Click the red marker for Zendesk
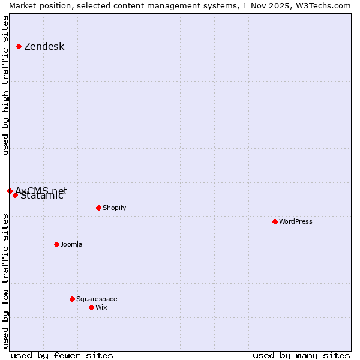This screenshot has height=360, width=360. point(19,46)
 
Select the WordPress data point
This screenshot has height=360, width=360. point(275,221)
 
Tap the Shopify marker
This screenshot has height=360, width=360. point(98,208)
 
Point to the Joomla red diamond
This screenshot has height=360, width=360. point(56,244)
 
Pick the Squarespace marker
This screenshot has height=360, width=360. point(72,299)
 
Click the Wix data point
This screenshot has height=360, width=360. point(91,307)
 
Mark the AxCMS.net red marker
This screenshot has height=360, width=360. point(10,191)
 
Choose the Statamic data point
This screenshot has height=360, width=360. point(15,195)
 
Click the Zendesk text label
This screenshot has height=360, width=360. point(44,47)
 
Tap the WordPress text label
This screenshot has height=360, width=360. point(296,222)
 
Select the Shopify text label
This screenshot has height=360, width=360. point(114,208)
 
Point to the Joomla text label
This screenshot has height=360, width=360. point(71,245)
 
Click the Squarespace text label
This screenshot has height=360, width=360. point(97,299)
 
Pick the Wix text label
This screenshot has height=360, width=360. point(101,308)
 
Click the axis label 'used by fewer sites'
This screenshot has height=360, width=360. point(62,355)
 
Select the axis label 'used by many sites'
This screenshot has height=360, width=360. point(301,355)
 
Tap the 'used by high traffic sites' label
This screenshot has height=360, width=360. point(6,86)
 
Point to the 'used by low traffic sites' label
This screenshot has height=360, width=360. point(6,281)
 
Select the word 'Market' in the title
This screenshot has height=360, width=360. point(23,5)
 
